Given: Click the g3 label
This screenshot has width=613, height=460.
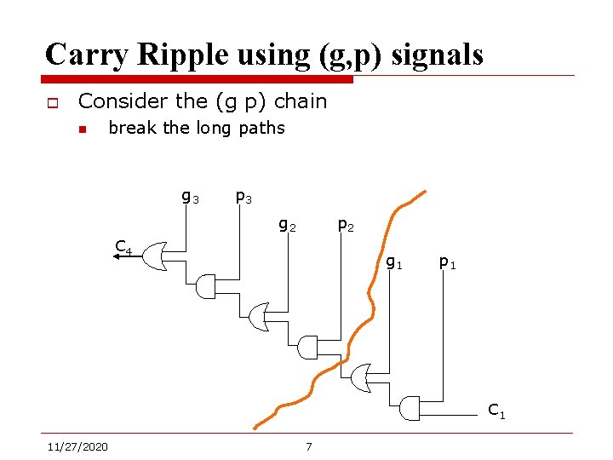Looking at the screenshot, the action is pos(190,198).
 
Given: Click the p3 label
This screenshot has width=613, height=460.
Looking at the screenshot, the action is pos(243,198).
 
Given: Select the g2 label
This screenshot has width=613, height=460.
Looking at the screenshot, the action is pos(288,226).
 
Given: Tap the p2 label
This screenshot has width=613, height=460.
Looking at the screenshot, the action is pos(346,226).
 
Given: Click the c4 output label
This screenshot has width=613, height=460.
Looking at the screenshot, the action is pos(124,249).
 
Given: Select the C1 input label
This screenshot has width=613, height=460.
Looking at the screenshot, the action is pos(496,411).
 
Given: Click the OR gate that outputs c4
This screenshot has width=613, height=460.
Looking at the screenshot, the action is pos(154,255).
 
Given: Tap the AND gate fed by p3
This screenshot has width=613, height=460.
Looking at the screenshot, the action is pos(207,288).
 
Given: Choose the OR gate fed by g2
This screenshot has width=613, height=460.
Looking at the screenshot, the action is pos(259,318).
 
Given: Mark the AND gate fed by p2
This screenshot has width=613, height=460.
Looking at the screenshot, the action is pos(308,348).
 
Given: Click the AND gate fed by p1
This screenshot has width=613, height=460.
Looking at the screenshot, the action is pos(410,409).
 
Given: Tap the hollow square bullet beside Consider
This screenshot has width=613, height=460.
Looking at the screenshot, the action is pos(52,103).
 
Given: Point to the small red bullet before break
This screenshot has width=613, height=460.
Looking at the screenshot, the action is pos(83,129).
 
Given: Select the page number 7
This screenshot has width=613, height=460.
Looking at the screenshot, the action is pos(308,446).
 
